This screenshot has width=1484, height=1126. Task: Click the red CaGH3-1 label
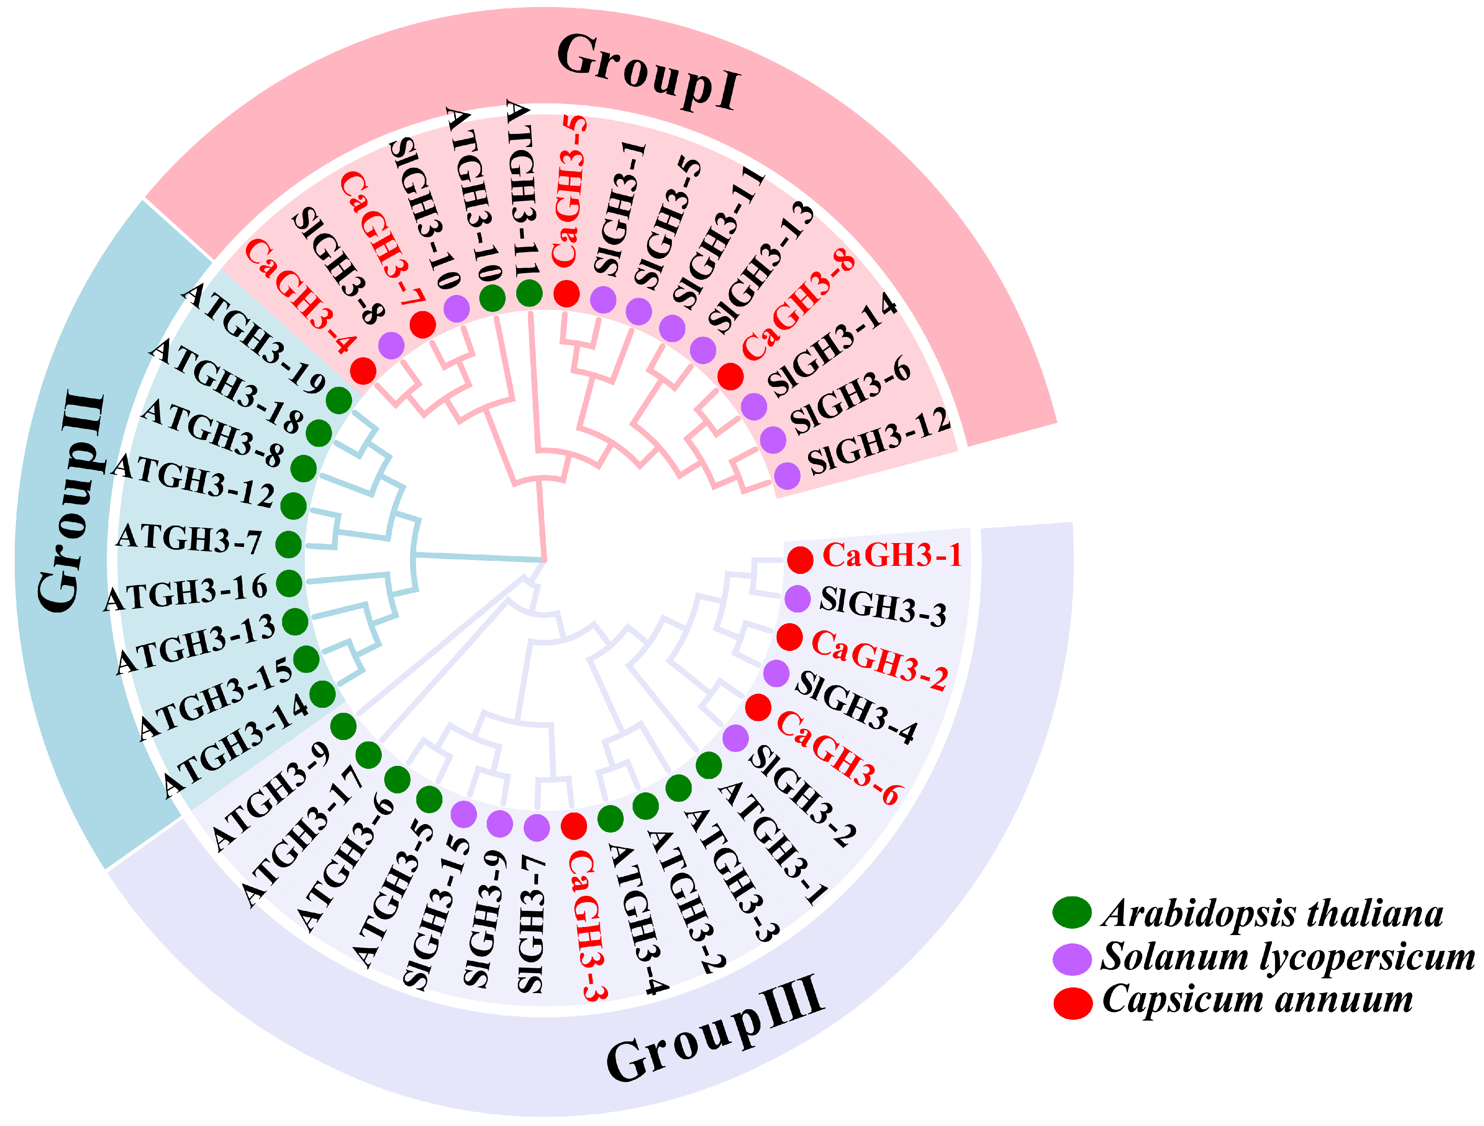[x=892, y=556]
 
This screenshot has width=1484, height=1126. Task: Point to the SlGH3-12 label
[x=879, y=442]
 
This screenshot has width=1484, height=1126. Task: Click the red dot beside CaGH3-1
[x=800, y=560]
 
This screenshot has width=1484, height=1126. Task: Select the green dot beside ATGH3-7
[x=288, y=544]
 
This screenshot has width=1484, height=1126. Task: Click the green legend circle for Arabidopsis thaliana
[x=1072, y=913]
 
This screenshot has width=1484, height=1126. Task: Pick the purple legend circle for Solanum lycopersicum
[x=1072, y=958]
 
